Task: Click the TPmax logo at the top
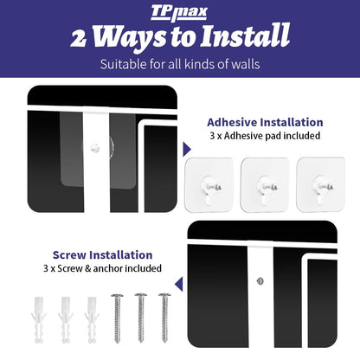click(179, 13)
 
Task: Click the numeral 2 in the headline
click(79, 39)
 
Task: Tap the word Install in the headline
click(246, 35)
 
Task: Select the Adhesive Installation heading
click(265, 122)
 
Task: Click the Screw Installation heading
click(102, 255)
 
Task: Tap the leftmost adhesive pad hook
click(209, 185)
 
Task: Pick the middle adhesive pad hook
click(265, 185)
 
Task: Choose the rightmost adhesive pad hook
click(321, 185)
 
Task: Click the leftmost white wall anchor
click(39, 320)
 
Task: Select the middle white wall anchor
click(66, 320)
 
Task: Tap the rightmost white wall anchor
click(92, 320)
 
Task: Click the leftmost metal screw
click(117, 318)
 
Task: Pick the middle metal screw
click(141, 318)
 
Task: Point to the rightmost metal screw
click(164, 318)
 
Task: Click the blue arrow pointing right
click(187, 150)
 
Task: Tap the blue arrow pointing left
click(179, 284)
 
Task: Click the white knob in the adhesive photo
click(94, 148)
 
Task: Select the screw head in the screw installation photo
click(260, 281)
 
